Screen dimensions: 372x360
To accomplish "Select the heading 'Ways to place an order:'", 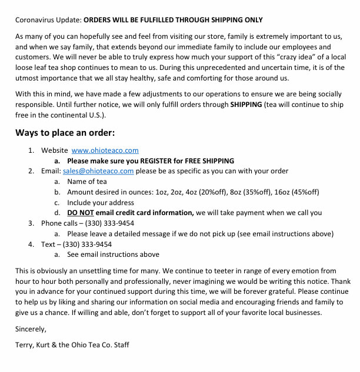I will pos(65,132).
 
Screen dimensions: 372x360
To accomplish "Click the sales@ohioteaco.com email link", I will pos(98,171).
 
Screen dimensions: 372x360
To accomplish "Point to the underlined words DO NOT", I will pos(81,213).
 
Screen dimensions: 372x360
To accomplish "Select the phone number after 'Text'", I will pos(87,244).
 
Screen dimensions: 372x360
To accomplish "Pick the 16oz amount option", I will pos(276,192).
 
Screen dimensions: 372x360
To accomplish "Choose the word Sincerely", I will pos(31,329).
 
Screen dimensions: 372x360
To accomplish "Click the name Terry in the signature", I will pos(25,344).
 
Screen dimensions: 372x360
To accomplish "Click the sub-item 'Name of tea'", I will pos(86,182).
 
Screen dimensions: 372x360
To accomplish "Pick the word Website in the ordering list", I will pos(54,150).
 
